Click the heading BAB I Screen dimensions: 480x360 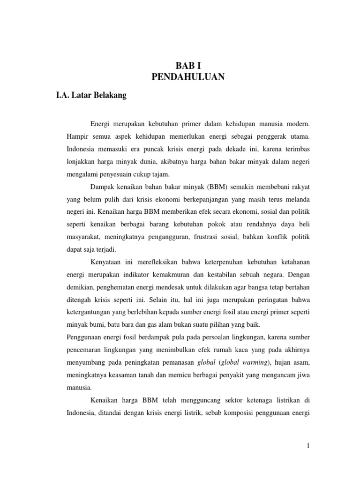pos(188,67)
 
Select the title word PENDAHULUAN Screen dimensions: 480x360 pos(188,77)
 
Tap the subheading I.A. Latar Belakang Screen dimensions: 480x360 pos(91,96)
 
